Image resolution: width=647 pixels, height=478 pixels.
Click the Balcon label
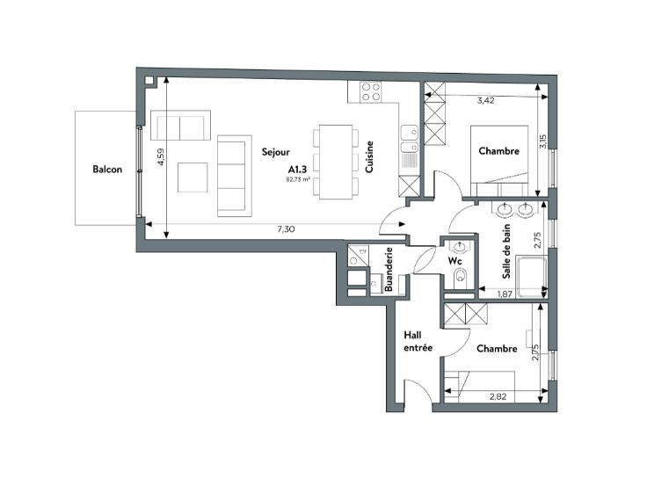pyautogui.click(x=107, y=170)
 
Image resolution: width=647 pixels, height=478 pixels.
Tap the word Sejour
pyautogui.click(x=276, y=152)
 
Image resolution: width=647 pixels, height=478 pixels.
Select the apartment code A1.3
pyautogui.click(x=297, y=169)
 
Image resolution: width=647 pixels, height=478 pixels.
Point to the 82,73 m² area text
pyautogui.click(x=298, y=179)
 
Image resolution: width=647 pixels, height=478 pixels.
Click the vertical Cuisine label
pyautogui.click(x=369, y=156)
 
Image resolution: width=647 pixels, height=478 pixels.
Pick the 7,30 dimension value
pyautogui.click(x=286, y=229)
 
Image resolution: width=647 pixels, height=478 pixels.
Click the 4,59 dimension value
pyautogui.click(x=161, y=157)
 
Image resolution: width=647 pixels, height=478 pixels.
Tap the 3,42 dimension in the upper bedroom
pyautogui.click(x=485, y=100)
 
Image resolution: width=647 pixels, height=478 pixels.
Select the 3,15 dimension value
pyautogui.click(x=544, y=141)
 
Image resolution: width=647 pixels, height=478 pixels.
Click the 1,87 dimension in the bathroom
pyautogui.click(x=505, y=294)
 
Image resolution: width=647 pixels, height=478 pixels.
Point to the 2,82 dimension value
pyautogui.click(x=498, y=397)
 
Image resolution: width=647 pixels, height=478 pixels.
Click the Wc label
pyautogui.click(x=455, y=261)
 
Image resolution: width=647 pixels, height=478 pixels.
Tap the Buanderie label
pyautogui.click(x=389, y=269)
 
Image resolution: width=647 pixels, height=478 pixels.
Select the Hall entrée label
pyautogui.click(x=418, y=342)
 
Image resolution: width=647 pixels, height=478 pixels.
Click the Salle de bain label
pyautogui.click(x=506, y=251)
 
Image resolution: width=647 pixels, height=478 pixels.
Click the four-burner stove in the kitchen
pyautogui.click(x=371, y=92)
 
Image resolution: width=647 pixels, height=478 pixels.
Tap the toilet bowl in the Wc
pyautogui.click(x=460, y=277)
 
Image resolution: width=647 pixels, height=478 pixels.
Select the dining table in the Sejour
pyautogui.click(x=336, y=162)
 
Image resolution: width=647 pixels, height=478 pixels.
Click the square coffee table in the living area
pyautogui.click(x=193, y=177)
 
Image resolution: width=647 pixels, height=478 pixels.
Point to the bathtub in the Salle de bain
pyautogui.click(x=531, y=276)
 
